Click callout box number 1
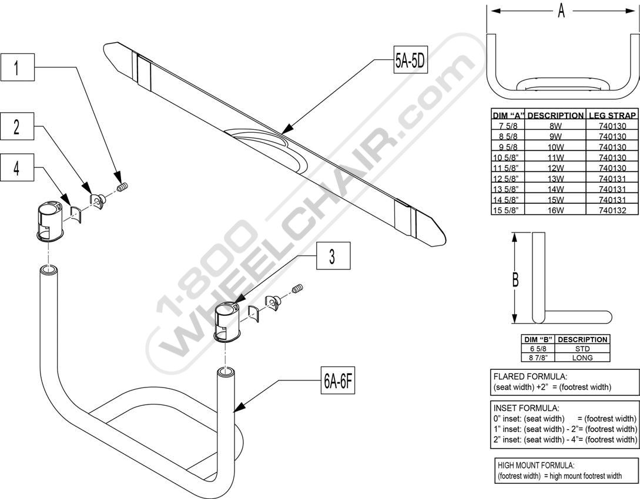point(16,68)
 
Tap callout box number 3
point(333,255)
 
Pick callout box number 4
point(16,167)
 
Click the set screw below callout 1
point(122,187)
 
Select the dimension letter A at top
point(561,11)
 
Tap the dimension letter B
point(515,279)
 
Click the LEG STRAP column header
point(612,116)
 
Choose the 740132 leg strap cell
point(612,210)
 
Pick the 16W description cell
point(555,210)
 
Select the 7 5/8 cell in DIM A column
point(508,126)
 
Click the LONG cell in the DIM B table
point(582,358)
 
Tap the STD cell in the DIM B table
point(582,349)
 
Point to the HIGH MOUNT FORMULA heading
point(535,465)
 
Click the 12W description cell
point(555,168)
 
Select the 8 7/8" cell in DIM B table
point(538,358)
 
